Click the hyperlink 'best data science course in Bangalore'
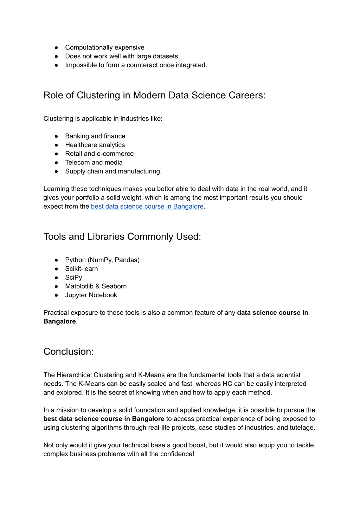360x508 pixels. [x=147, y=207]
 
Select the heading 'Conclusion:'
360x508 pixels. [x=69, y=352]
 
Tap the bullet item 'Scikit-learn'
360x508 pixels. [x=81, y=269]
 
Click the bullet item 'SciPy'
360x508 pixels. [x=73, y=278]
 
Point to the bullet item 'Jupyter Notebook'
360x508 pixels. [x=91, y=295]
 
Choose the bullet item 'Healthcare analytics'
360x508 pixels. [x=95, y=145]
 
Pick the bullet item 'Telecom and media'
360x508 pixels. [x=94, y=163]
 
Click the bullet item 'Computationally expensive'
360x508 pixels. [x=104, y=48]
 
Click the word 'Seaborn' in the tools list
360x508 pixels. [x=114, y=286]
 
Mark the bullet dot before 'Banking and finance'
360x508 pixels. [x=56, y=136]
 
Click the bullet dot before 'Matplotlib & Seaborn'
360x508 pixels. [x=56, y=287]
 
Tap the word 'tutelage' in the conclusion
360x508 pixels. [x=302, y=428]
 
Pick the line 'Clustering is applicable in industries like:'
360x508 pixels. [x=103, y=119]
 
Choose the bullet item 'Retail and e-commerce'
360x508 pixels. [x=99, y=154]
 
